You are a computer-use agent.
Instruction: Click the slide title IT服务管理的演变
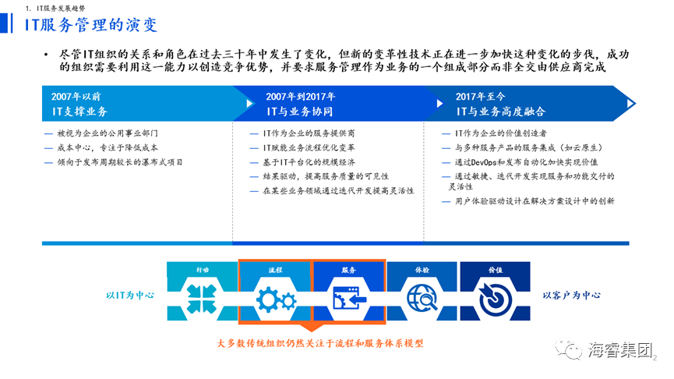[90, 24]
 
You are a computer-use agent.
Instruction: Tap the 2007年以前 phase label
[76, 97]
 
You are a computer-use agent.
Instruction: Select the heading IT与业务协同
[300, 112]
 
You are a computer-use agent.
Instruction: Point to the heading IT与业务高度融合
[501, 112]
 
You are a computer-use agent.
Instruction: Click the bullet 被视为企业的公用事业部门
[108, 133]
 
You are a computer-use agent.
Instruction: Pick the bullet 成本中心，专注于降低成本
[108, 147]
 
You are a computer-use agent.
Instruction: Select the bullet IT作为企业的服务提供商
[309, 133]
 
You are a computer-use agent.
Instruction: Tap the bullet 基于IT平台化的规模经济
[309, 162]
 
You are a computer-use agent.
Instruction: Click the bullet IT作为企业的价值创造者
[501, 133]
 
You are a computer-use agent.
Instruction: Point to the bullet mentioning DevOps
[527, 162]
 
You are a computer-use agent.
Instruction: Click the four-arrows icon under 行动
[202, 299]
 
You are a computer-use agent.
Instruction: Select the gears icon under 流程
[276, 299]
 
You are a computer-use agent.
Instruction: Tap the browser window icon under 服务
[349, 298]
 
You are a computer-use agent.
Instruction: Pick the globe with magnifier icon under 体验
[422, 298]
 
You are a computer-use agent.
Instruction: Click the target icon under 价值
[496, 299]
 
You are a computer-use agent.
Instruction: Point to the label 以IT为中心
[130, 295]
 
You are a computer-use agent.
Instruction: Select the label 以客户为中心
[572, 295]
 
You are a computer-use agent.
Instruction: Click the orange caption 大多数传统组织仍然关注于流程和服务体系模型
[320, 343]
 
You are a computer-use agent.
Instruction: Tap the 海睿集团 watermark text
[620, 350]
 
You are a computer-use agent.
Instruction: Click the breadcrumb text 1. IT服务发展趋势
[55, 8]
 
